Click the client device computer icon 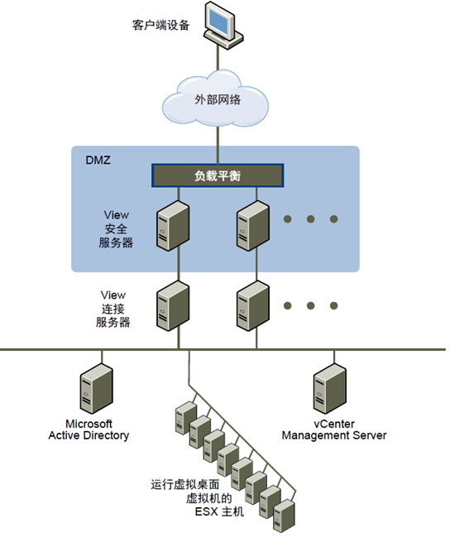[x=223, y=26]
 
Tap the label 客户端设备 [x=161, y=25]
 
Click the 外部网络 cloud [x=215, y=99]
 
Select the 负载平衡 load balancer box [x=218, y=175]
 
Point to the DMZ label [x=98, y=160]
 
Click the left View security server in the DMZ [x=173, y=226]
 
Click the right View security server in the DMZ [x=253, y=226]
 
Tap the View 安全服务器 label [x=116, y=228]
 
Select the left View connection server [x=173, y=306]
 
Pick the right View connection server [x=253, y=306]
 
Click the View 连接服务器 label [x=113, y=309]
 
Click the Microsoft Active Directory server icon [x=97, y=389]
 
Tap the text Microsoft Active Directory [x=89, y=429]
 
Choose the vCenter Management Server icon [x=330, y=389]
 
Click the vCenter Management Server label [x=334, y=429]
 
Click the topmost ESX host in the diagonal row [x=186, y=418]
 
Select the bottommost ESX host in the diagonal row [x=285, y=515]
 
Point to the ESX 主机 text [x=219, y=511]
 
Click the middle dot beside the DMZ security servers [x=310, y=218]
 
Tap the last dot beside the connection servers [x=334, y=305]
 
